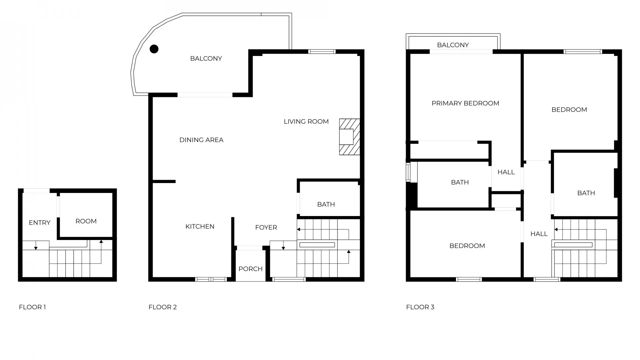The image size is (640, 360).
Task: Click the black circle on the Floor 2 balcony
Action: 154,49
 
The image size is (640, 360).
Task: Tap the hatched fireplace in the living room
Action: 349,137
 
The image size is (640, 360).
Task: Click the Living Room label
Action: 306,122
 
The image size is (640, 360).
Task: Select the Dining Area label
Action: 201,140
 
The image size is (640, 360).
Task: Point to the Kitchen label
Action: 200,227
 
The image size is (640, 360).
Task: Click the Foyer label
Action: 266,228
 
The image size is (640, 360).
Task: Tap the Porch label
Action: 250,269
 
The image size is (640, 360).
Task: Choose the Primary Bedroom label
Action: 465,103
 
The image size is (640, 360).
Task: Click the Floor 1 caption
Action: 32,307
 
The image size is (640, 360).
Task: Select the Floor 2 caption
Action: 163,307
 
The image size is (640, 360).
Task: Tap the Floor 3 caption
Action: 420,307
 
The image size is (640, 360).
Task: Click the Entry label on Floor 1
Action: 40,223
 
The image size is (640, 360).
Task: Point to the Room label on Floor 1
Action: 86,221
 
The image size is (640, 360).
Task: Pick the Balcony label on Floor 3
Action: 453,45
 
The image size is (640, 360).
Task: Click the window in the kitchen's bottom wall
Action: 211,279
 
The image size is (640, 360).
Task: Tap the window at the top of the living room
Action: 322,52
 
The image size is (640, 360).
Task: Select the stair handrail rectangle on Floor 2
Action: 317,245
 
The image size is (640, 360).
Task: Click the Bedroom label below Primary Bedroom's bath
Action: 467,246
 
